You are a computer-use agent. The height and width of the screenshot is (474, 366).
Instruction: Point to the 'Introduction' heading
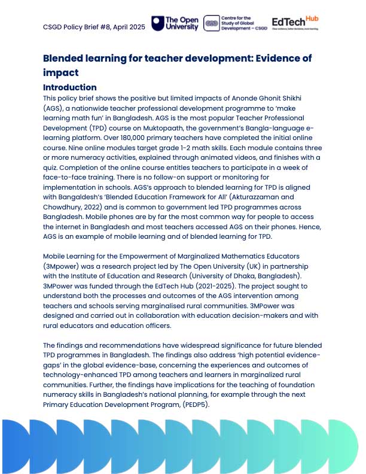(x=69, y=87)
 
